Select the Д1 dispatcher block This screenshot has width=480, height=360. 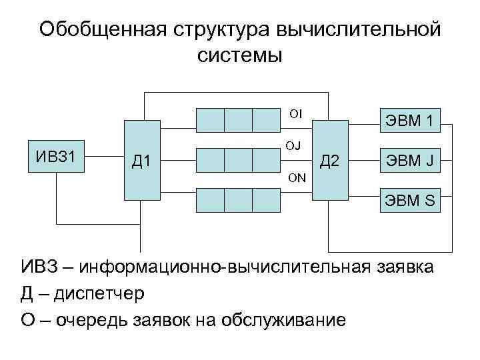pos(141,160)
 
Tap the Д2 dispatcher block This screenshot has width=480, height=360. pos(330,160)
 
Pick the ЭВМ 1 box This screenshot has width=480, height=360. pos(410,121)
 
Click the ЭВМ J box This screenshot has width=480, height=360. pos(410,160)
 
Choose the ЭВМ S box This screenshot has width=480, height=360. pos(410,199)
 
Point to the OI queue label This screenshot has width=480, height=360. pos(295,113)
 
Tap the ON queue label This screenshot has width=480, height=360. pos(297,177)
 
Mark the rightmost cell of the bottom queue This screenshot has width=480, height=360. pos(267,200)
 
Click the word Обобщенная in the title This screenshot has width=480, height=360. pos(103,30)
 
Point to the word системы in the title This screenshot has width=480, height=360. pos(240,55)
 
